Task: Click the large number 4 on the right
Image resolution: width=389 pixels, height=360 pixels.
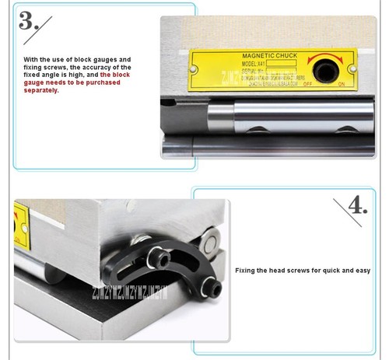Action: pyautogui.click(x=357, y=206)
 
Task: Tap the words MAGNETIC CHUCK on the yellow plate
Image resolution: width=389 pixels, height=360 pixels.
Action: pyautogui.click(x=266, y=57)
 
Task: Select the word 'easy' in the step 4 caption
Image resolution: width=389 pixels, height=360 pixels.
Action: pyautogui.click(x=363, y=271)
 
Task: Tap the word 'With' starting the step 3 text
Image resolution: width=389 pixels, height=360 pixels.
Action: pyautogui.click(x=30, y=59)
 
